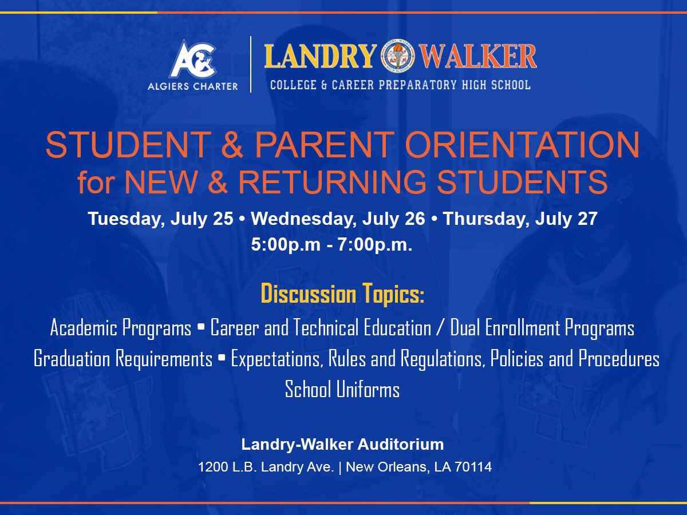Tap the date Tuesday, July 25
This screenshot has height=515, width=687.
[x=160, y=219]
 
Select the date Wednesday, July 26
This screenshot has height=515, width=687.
[x=338, y=219]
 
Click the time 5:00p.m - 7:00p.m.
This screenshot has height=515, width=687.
[x=331, y=245]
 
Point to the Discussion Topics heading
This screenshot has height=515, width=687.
[x=342, y=294]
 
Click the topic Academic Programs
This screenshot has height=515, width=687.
[x=121, y=328]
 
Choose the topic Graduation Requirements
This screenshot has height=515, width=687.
[x=123, y=359]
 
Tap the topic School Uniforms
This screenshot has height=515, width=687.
[x=342, y=390]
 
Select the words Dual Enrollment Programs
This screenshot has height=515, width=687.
[x=542, y=328]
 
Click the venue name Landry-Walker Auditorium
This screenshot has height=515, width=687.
[x=342, y=444]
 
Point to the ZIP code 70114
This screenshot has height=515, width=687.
[x=474, y=467]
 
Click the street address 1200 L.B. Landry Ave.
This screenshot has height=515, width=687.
[x=266, y=467]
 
